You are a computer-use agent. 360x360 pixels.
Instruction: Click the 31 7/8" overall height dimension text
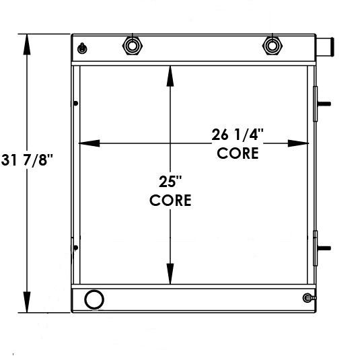coord(26,161)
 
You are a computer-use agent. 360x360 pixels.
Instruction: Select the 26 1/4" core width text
coord(238,135)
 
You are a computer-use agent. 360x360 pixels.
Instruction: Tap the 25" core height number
coord(170,181)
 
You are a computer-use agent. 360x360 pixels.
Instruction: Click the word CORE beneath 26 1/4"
coord(238,153)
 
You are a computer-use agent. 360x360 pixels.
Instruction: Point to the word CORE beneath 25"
coord(170,200)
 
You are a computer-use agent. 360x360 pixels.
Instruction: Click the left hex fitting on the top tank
coord(131,46)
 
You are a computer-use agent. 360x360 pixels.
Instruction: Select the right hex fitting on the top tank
coord(271,46)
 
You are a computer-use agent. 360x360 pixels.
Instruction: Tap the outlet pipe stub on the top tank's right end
coord(325,47)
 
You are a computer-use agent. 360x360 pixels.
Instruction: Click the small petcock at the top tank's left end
coord(82,48)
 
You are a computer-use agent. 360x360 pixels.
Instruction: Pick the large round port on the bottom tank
coord(94,299)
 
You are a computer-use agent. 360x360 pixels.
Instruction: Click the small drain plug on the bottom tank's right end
coord(308,298)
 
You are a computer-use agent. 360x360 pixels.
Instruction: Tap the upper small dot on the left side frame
coord(75,103)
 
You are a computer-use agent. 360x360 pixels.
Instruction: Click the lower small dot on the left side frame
coord(75,248)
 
